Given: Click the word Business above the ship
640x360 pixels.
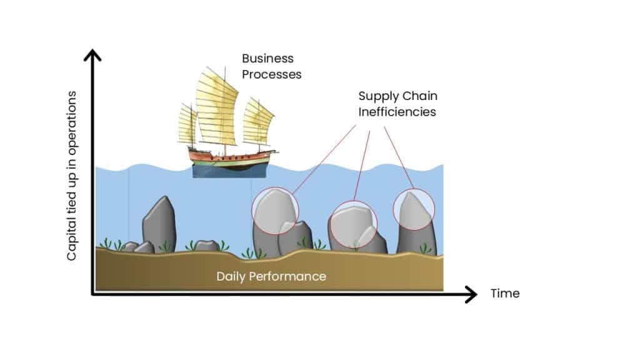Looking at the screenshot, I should (267, 59).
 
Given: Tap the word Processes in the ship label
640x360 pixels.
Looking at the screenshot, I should (272, 74).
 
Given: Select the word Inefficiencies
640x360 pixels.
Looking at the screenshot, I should (397, 112).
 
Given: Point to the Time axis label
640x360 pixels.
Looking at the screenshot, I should (505, 293).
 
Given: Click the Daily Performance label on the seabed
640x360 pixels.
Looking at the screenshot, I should (271, 276).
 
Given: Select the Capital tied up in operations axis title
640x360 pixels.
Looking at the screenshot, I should (72, 176).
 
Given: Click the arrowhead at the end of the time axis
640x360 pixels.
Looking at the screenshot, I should (471, 294).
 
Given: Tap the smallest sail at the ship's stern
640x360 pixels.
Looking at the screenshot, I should (186, 124).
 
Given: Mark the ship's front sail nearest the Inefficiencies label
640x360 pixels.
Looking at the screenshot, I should (258, 122).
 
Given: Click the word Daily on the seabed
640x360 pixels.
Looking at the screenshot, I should (231, 276).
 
